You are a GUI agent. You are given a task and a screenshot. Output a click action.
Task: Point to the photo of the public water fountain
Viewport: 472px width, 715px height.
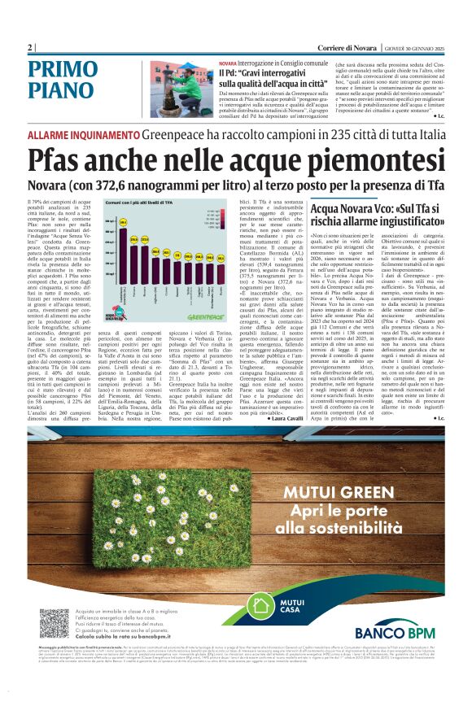coord(181,89)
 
